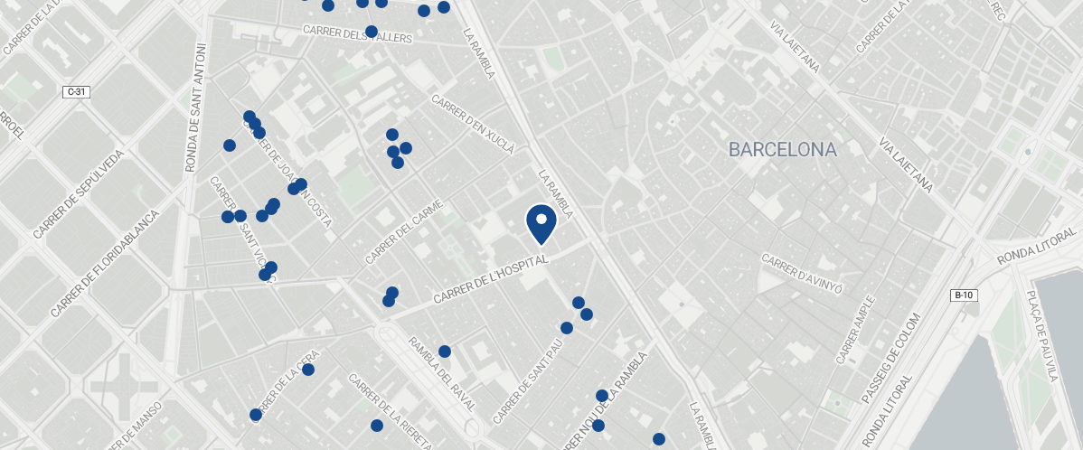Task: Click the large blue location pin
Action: coord(541,223)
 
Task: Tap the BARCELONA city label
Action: coord(783,150)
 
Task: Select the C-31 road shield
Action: coord(76,91)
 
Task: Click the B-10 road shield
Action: coord(964,295)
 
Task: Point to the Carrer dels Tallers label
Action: coord(357,34)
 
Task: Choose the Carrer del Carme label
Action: coord(407,231)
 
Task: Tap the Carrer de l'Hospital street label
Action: coord(491,278)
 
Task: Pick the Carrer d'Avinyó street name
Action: coord(803,274)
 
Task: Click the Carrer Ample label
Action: coord(855,330)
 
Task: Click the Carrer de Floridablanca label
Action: coord(106,263)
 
